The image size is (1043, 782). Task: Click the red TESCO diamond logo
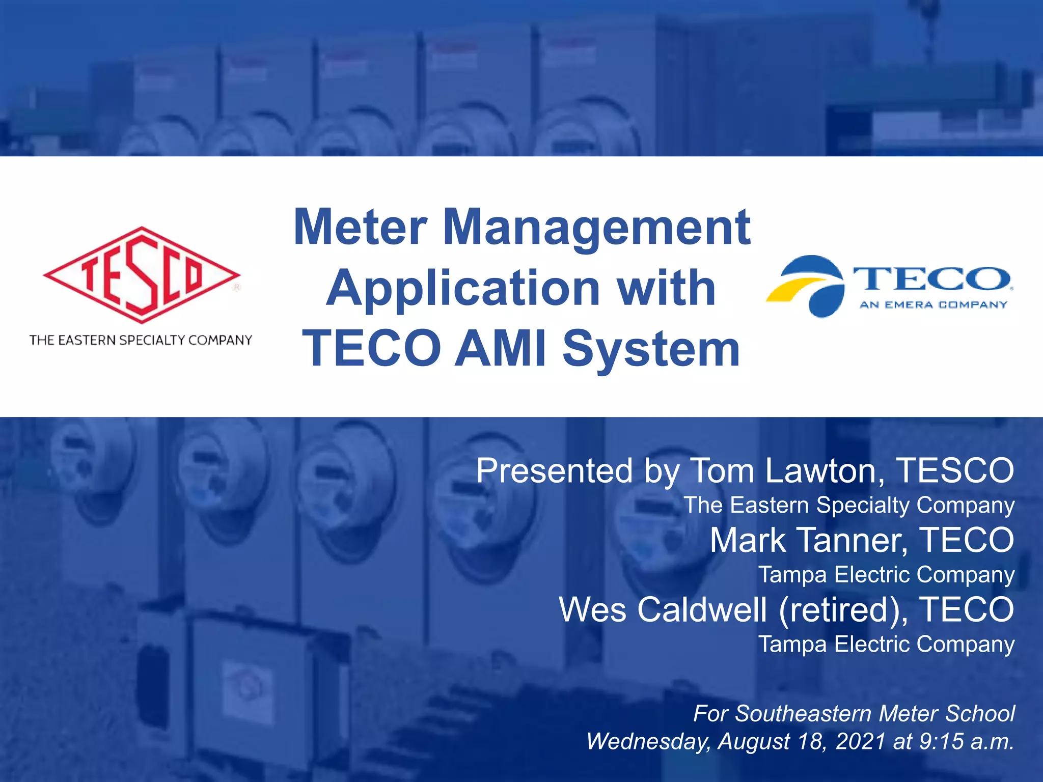(x=142, y=275)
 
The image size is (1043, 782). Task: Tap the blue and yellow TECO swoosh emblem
(x=806, y=286)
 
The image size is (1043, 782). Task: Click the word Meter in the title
(x=360, y=227)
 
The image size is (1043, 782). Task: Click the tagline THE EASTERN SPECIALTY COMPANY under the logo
(x=141, y=340)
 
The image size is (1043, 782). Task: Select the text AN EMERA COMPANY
(x=933, y=305)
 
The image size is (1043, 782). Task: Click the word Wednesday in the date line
(x=648, y=741)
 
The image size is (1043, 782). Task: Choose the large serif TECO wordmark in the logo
(x=932, y=279)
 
